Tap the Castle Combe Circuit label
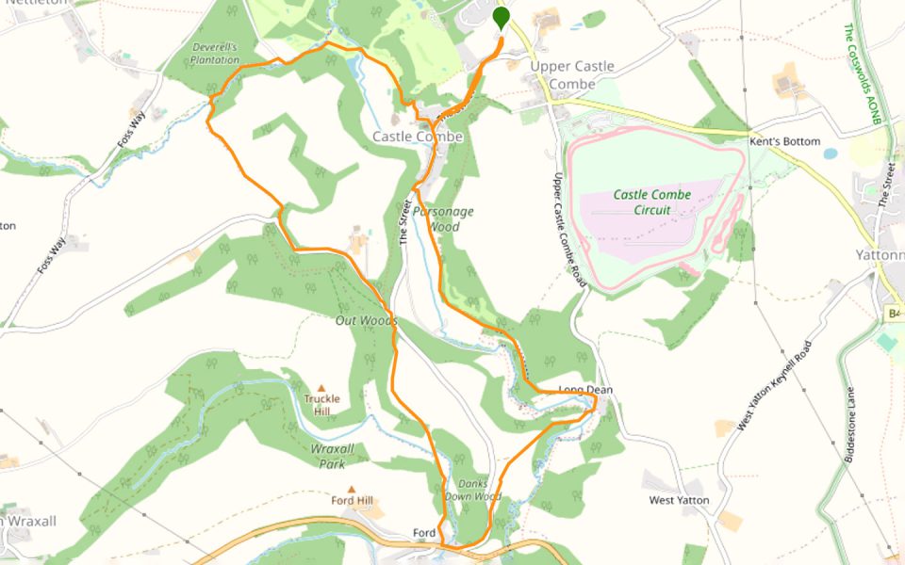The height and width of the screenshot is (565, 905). tap(652, 202)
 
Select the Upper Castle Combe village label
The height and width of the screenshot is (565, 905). tap(571, 75)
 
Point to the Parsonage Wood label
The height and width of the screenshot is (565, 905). tap(451, 218)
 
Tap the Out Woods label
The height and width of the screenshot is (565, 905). tap(366, 321)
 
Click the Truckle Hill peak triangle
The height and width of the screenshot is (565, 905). tap(321, 387)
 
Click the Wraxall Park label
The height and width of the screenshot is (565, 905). tap(333, 457)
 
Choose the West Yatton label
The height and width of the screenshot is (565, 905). tap(679, 500)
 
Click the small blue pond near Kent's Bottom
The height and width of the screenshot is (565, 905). tap(830, 153)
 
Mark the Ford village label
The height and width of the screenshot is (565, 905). tap(424, 534)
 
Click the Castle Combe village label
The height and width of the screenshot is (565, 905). tap(418, 137)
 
